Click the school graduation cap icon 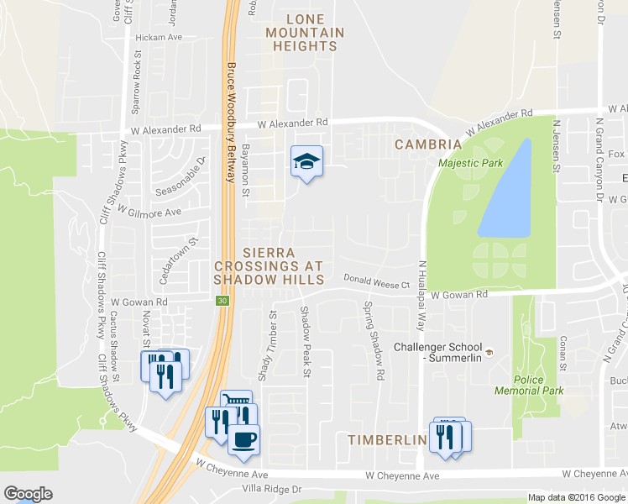[x=306, y=161]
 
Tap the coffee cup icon [x=243, y=439]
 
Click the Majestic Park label [x=463, y=162]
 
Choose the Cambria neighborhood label [x=429, y=144]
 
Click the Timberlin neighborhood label [x=385, y=439]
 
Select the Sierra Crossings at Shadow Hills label [x=269, y=265]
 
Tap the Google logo [x=28, y=493]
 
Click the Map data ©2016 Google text [x=577, y=497]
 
